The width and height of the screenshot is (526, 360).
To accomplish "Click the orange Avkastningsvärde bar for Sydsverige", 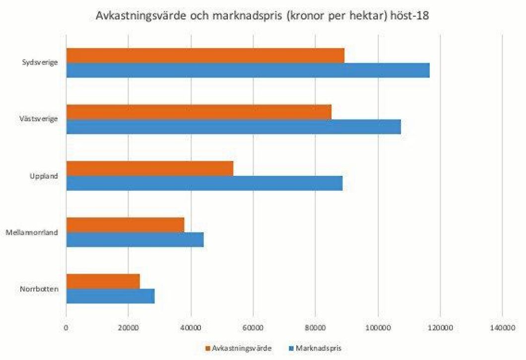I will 205,56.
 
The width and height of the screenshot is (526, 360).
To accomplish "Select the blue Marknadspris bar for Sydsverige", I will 248,71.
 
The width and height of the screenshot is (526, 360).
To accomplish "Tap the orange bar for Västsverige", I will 198,112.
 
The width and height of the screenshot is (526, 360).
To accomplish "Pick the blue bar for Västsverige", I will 233,127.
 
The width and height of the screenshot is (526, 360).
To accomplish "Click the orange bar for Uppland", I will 149,169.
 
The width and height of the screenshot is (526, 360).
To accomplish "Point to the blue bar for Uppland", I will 204,183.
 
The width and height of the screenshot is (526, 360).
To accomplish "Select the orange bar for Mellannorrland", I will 125,225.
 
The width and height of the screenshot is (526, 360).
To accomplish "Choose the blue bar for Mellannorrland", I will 134,240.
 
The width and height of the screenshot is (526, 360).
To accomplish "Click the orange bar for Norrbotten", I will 103,281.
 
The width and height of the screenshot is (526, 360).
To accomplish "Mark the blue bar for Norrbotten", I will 110,296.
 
